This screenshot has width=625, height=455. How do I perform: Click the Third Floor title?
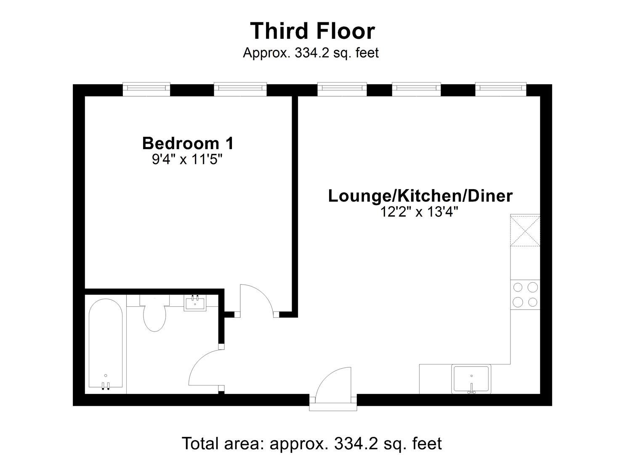click(x=312, y=31)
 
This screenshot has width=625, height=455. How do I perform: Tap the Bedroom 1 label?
click(x=188, y=143)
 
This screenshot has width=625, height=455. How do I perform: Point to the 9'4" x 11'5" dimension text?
click(x=187, y=160)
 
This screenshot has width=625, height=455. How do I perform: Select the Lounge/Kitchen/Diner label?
click(x=420, y=196)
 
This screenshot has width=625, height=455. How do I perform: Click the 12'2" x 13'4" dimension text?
click(x=420, y=212)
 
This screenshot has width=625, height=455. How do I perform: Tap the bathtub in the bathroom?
click(x=106, y=343)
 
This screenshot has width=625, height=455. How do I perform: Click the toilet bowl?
click(x=154, y=318)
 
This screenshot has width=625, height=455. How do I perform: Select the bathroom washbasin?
click(x=195, y=303)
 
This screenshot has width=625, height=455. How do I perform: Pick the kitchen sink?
click(x=471, y=379)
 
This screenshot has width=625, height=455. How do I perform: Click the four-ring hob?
click(x=525, y=294)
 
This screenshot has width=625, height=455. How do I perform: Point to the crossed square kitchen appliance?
click(x=525, y=230)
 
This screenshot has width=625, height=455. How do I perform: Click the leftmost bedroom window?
click(x=146, y=88)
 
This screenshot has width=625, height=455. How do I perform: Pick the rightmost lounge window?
click(x=501, y=88)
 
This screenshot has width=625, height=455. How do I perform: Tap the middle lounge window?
click(x=416, y=88)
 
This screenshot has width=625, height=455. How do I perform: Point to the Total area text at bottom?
click(x=312, y=443)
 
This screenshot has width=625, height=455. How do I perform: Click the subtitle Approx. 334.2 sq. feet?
click(x=311, y=53)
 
